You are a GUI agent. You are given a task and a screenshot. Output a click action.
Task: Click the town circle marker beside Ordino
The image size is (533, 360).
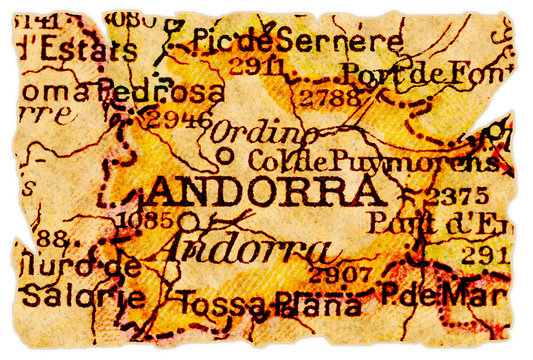[225, 155]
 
